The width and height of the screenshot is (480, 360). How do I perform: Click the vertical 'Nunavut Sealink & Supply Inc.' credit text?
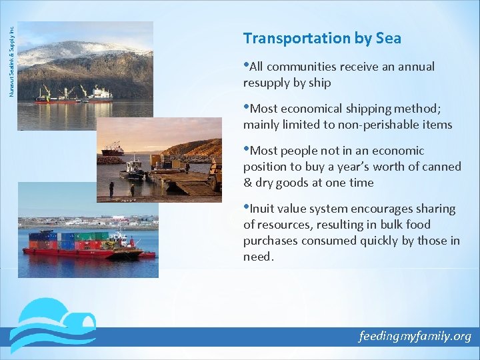click(11, 57)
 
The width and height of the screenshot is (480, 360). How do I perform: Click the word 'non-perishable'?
click(347, 125)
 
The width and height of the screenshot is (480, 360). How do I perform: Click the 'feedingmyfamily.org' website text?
click(415, 336)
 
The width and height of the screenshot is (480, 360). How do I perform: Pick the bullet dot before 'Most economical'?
click(246, 107)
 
